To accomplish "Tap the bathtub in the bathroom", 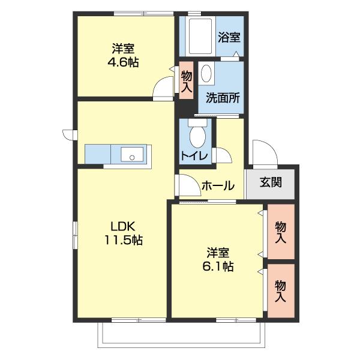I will click(x=199, y=35).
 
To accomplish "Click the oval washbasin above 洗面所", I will click(x=207, y=74).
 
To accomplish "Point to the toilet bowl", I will click(x=196, y=136).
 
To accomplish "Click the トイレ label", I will click(x=194, y=157).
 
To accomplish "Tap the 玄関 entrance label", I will click(x=271, y=182).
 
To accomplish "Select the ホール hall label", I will click(x=218, y=186).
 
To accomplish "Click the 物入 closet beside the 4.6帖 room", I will click(x=186, y=81).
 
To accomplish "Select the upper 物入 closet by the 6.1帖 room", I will click(x=280, y=232).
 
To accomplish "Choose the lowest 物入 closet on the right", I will click(x=280, y=291).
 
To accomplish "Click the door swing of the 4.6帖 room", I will click(x=164, y=90).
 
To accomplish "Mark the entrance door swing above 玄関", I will click(x=262, y=153).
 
